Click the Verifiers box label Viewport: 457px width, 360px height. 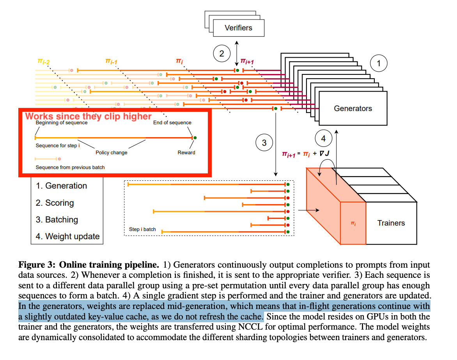pyautogui.click(x=238, y=28)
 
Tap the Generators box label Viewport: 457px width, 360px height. pyautogui.click(x=353, y=108)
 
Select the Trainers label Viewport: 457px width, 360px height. pyautogui.click(x=391, y=223)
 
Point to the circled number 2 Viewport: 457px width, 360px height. pyautogui.click(x=222, y=54)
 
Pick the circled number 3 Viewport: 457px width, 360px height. pyautogui.click(x=264, y=143)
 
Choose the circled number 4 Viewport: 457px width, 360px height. pyautogui.click(x=323, y=138)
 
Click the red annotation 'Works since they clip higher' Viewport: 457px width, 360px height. pyautogui.click(x=89, y=116)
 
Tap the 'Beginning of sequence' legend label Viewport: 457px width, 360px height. pyautogui.click(x=62, y=123)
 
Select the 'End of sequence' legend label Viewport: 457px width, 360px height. pyautogui.click(x=172, y=123)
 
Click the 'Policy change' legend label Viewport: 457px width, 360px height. pyautogui.click(x=112, y=152)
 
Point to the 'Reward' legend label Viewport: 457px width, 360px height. pyautogui.click(x=186, y=152)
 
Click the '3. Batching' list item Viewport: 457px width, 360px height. pyautogui.click(x=57, y=220)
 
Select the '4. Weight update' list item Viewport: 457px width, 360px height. pyautogui.click(x=67, y=236)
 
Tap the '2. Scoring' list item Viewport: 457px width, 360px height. pyautogui.click(x=55, y=203)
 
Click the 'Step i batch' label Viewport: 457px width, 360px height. pyautogui.click(x=142, y=229)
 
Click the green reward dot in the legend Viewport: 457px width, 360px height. pyautogui.click(x=195, y=138)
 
